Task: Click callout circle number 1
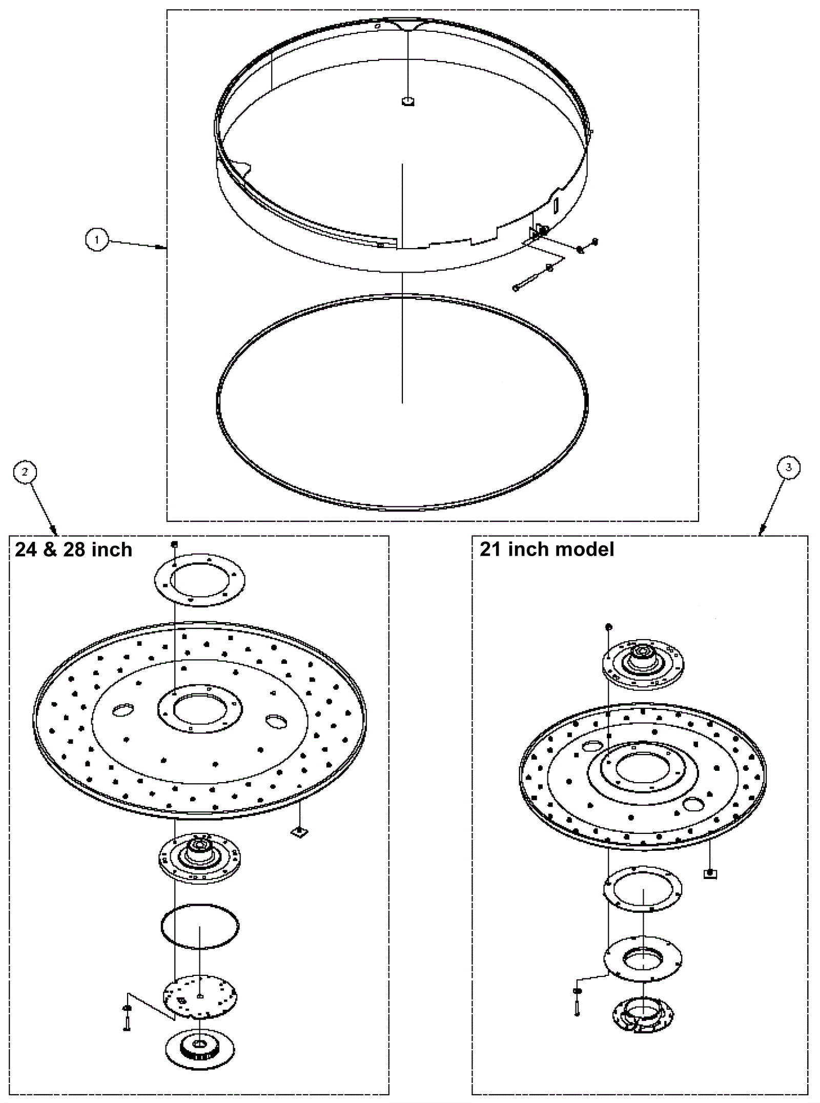coord(96,239)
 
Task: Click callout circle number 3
coord(788,467)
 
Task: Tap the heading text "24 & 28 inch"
coord(74,550)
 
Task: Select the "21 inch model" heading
coord(547,549)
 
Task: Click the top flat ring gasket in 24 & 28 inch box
coord(200,579)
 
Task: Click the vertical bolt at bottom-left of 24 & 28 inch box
coord(127,1021)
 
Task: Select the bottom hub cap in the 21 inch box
coord(643,1014)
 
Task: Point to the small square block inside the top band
coord(407,101)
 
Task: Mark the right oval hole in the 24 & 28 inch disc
coord(276,721)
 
